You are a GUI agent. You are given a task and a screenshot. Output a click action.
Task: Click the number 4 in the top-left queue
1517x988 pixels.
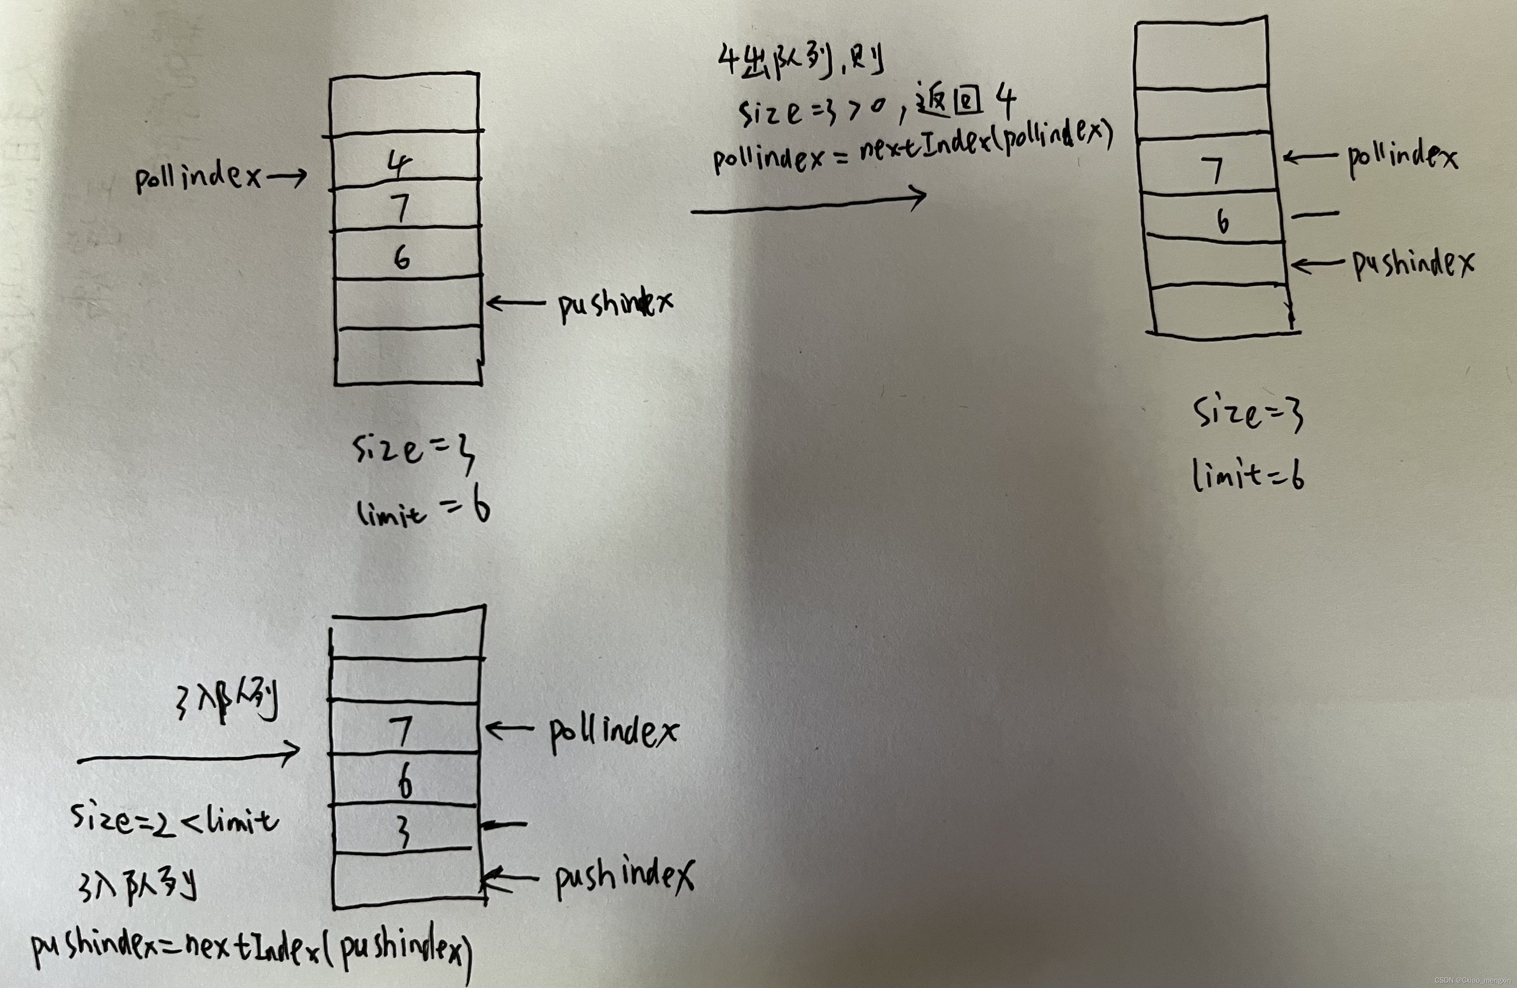coord(400,164)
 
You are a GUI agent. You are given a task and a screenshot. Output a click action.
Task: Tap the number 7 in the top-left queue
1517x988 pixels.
coord(400,208)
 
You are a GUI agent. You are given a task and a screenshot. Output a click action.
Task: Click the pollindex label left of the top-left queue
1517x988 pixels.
coord(197,176)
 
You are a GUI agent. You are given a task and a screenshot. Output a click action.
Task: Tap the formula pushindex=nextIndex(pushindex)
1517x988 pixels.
coord(252,949)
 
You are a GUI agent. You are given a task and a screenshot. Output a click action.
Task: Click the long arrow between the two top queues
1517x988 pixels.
coord(808,203)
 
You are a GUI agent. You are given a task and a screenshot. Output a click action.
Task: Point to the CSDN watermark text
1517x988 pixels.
coord(1473,980)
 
